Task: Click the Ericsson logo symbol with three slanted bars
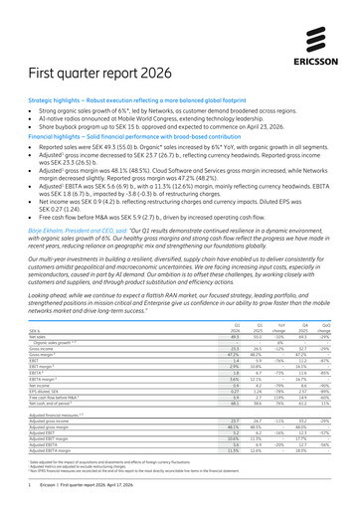click(323, 33)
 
